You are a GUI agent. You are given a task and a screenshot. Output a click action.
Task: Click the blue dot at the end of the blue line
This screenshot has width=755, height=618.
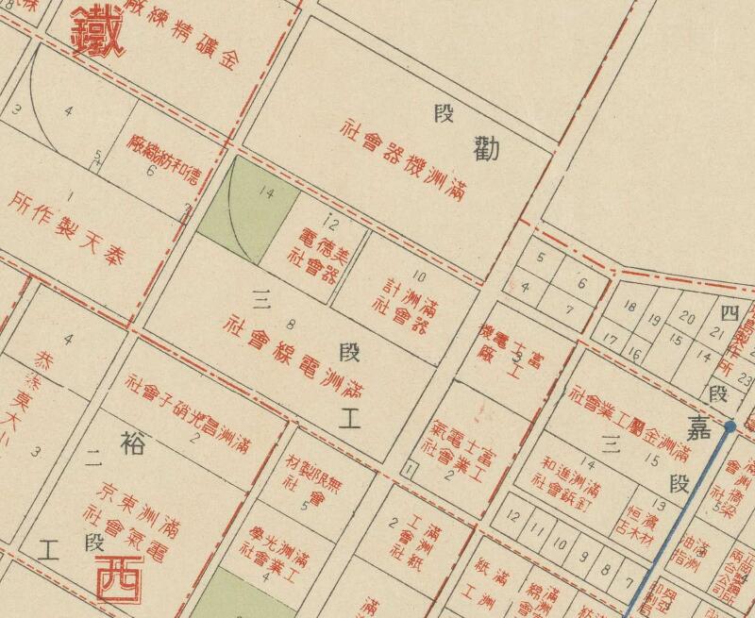pyautogui.click(x=730, y=426)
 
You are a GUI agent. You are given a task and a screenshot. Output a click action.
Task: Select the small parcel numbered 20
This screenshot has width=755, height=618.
pyautogui.click(x=687, y=319)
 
